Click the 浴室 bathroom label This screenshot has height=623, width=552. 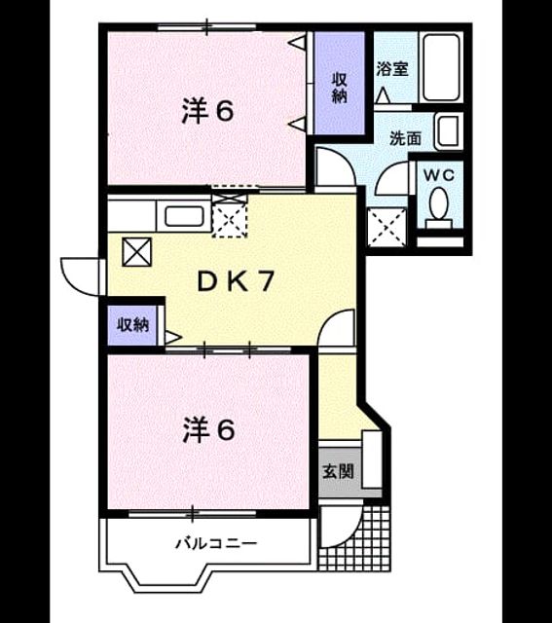(x=391, y=69)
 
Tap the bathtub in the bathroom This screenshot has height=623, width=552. (x=441, y=67)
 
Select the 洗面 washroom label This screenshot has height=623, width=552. (x=405, y=138)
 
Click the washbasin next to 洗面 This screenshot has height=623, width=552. (x=449, y=132)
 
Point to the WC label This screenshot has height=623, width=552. (x=439, y=175)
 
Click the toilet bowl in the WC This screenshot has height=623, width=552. (x=439, y=207)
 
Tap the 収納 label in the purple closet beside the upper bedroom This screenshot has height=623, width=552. (x=340, y=88)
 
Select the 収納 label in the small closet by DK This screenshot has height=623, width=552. (x=132, y=325)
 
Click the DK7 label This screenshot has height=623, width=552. (x=236, y=281)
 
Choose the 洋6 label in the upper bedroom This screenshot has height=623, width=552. (x=207, y=111)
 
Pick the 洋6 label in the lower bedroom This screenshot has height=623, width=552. (x=208, y=430)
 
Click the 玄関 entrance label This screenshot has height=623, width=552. (x=338, y=471)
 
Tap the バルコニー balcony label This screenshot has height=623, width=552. (x=216, y=543)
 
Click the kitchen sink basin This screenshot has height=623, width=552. (x=184, y=216)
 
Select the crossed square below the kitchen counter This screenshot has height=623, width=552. (x=136, y=252)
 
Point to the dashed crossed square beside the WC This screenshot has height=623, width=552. (x=387, y=228)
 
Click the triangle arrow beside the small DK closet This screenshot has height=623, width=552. (x=173, y=338)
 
